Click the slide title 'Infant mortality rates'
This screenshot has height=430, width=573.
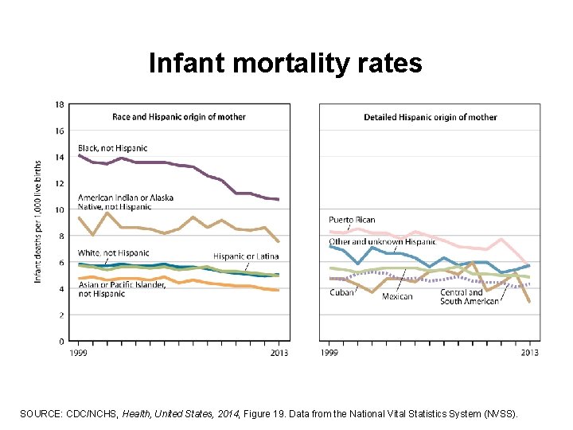pyautogui.click(x=285, y=63)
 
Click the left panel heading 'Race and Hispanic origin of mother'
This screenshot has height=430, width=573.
pyautogui.click(x=178, y=117)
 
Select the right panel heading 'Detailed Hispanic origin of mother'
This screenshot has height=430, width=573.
pyautogui.click(x=430, y=117)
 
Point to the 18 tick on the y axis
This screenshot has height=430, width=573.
pyautogui.click(x=60, y=104)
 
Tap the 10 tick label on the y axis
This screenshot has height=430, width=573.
pyautogui.click(x=60, y=209)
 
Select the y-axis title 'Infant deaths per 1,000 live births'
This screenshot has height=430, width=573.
pyautogui.click(x=37, y=221)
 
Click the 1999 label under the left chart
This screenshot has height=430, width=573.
pyautogui.click(x=78, y=352)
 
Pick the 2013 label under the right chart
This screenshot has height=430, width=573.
pyautogui.click(x=529, y=352)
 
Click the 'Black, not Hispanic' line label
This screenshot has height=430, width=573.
pyautogui.click(x=112, y=148)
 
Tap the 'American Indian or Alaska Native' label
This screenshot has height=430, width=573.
pyautogui.click(x=125, y=201)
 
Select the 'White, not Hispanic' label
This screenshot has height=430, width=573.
pyautogui.click(x=113, y=253)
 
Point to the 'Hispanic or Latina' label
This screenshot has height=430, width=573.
pyautogui.click(x=245, y=256)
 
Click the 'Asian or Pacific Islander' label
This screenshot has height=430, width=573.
pyautogui.click(x=122, y=289)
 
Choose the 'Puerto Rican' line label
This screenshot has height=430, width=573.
pyautogui.click(x=352, y=220)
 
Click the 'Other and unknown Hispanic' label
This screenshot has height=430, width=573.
pyautogui.click(x=382, y=241)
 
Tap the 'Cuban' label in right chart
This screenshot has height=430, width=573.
pyautogui.click(x=341, y=292)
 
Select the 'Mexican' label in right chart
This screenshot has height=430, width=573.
pyautogui.click(x=397, y=296)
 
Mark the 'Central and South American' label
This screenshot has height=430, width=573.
pyautogui.click(x=470, y=296)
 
